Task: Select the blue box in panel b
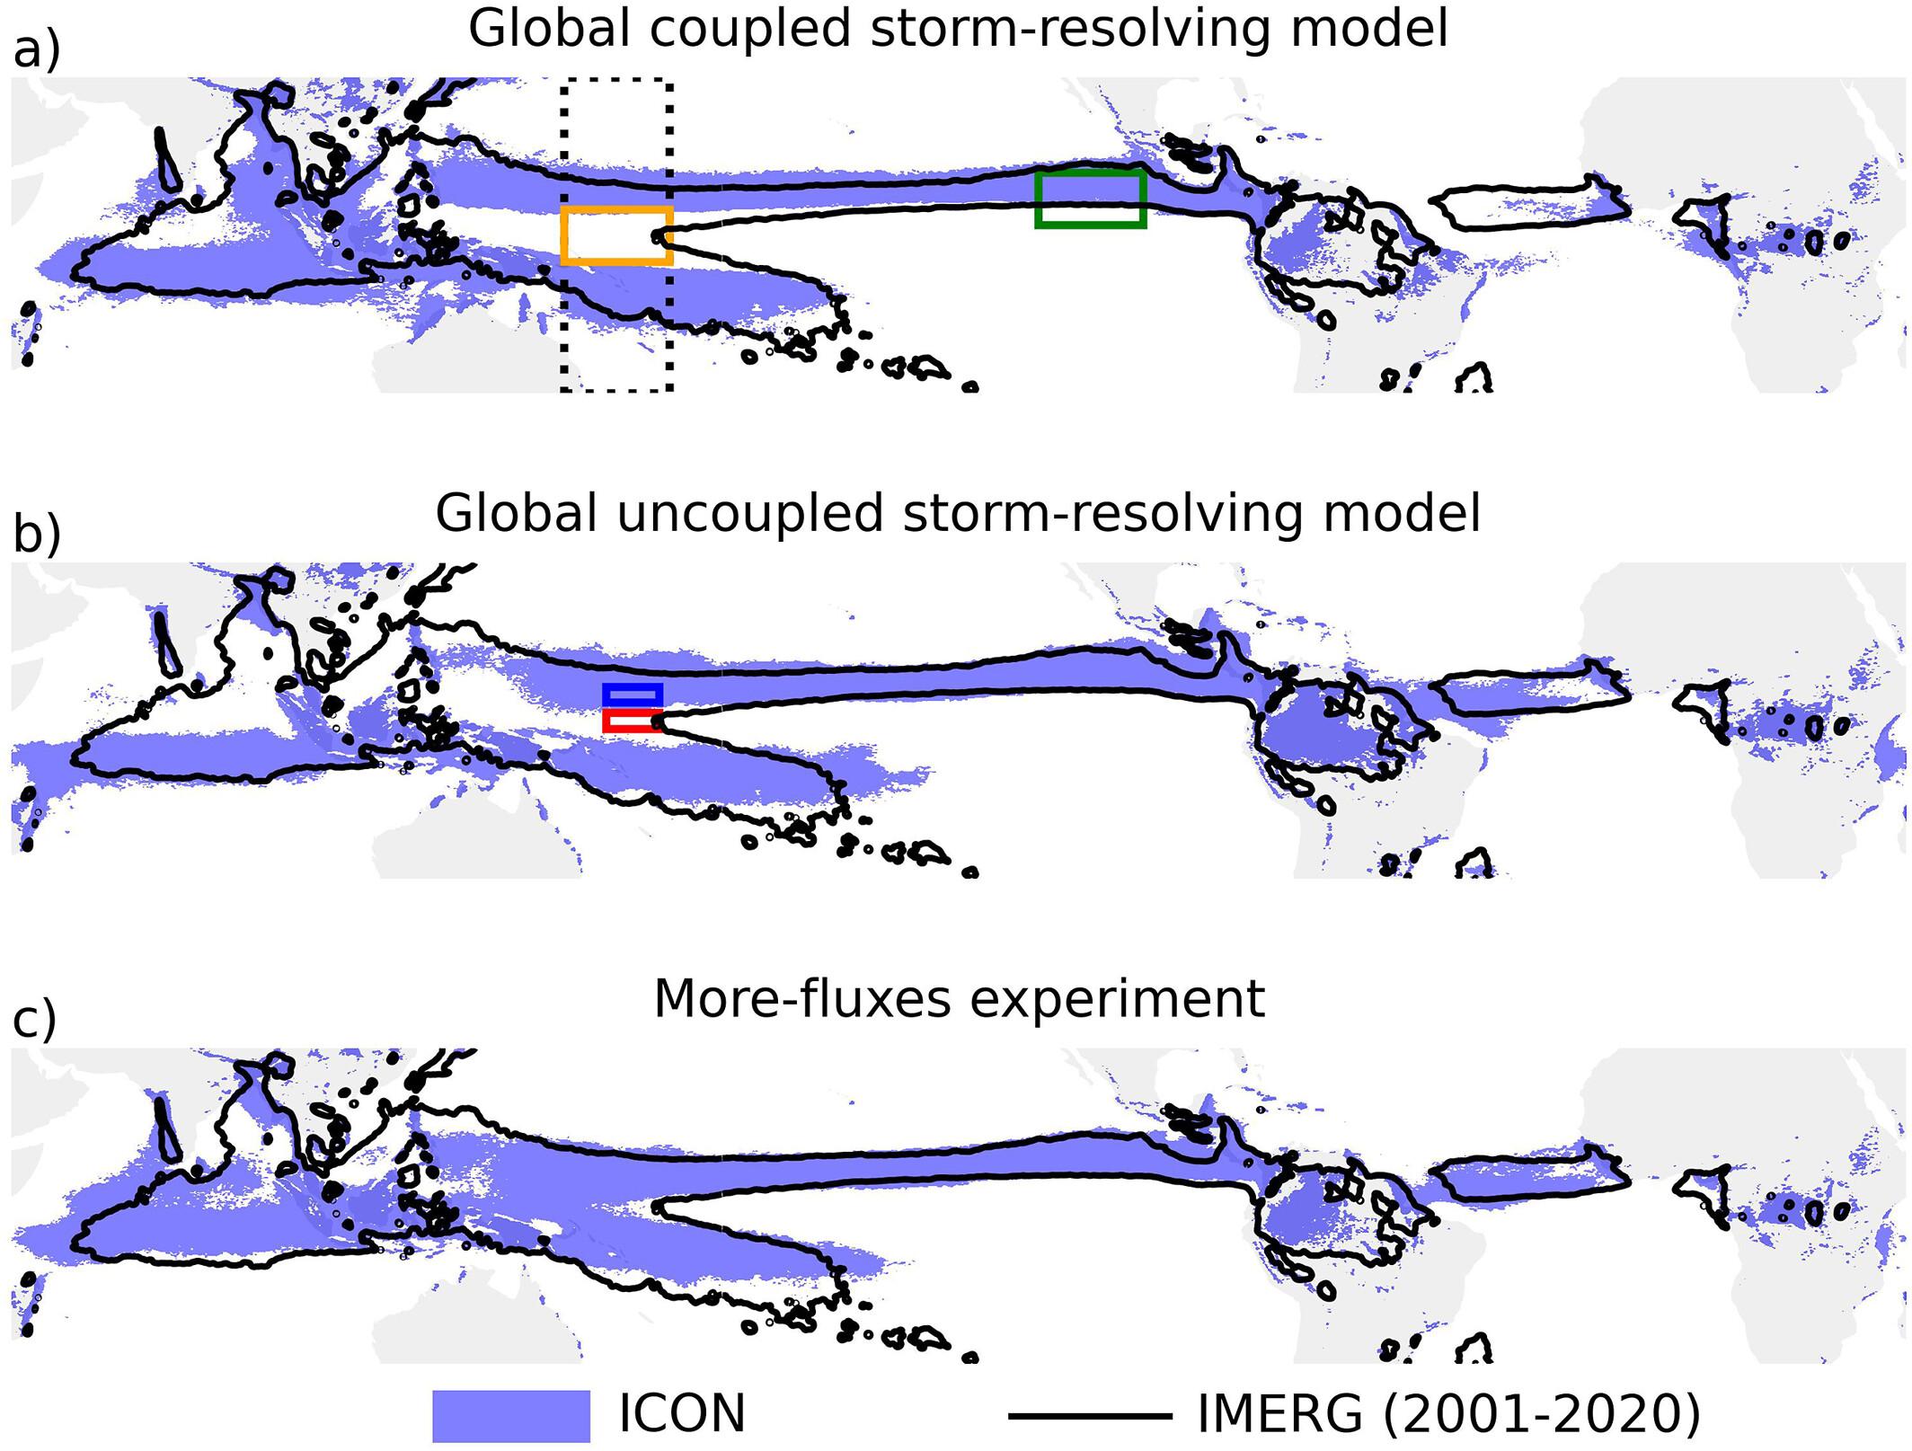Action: (x=633, y=695)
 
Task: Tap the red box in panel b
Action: (x=633, y=721)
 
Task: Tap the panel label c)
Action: (x=34, y=1020)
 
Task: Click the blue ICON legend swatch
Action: (x=510, y=1415)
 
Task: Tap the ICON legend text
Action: (x=682, y=1414)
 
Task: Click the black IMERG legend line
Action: (x=1090, y=1416)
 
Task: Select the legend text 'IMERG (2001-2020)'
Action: (x=1448, y=1414)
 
